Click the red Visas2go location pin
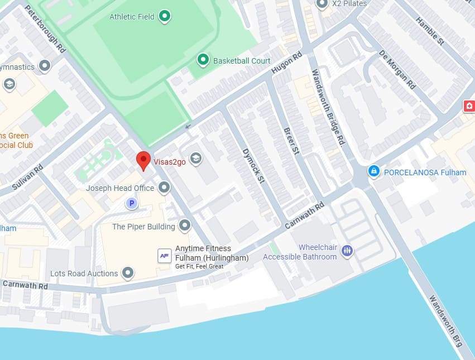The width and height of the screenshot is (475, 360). click(143, 160)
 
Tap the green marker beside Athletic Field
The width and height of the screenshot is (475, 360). click(165, 16)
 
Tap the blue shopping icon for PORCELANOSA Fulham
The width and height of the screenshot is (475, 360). click(374, 171)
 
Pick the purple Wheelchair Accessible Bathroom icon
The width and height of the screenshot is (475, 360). click(347, 251)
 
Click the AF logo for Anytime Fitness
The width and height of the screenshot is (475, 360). click(164, 256)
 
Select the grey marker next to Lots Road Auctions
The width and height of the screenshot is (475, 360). click(128, 273)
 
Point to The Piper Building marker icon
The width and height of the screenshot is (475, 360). click(184, 226)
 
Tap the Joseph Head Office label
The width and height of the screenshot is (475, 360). click(119, 188)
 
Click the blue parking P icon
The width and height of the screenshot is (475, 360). click(132, 204)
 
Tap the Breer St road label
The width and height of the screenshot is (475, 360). click(291, 139)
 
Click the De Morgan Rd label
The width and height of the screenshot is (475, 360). click(397, 70)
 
